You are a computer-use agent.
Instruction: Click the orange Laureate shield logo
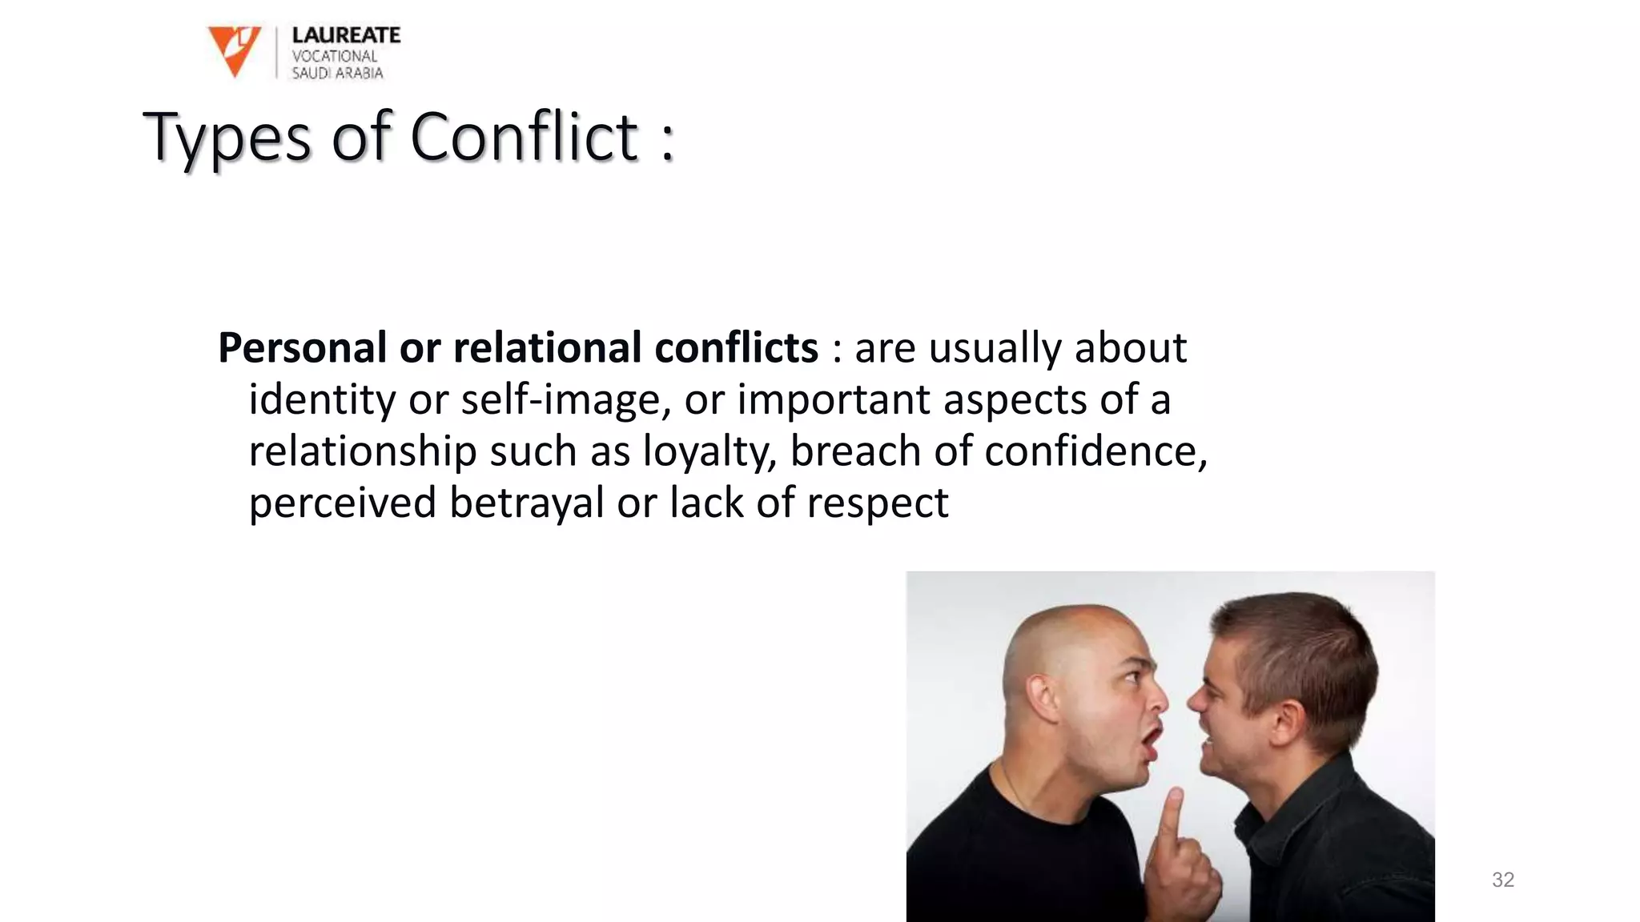[x=234, y=50]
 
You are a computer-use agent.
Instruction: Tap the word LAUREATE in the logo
[x=346, y=35]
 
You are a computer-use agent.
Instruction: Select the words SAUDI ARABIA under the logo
[x=337, y=74]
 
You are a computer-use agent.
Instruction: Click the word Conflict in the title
[x=525, y=137]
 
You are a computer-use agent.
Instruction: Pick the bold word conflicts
[x=736, y=348]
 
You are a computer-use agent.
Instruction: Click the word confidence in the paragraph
[x=1095, y=451]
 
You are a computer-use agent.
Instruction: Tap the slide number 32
[x=1503, y=880]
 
